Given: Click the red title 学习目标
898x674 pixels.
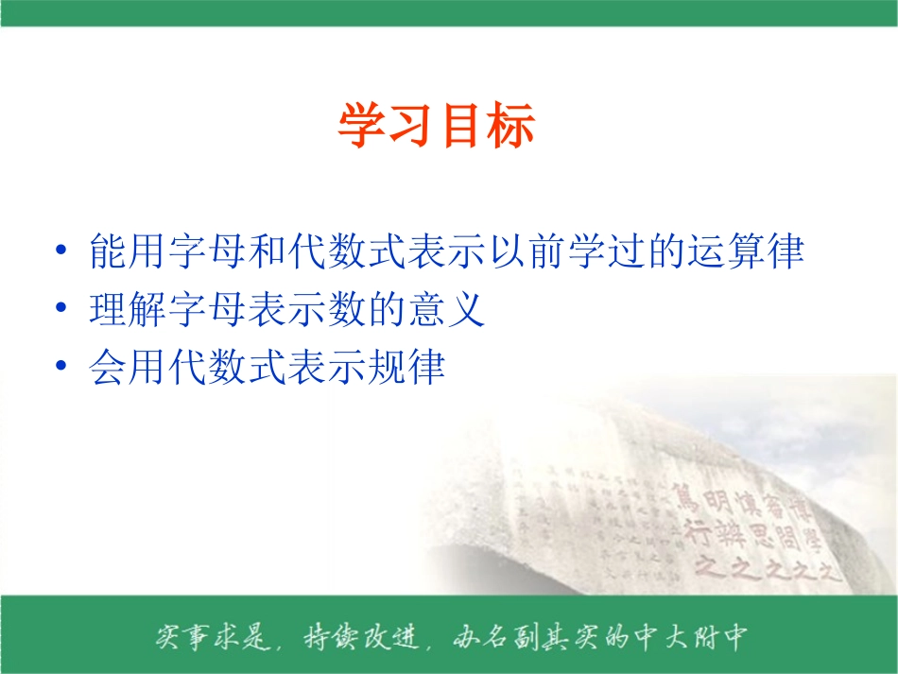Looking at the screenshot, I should coord(437,128).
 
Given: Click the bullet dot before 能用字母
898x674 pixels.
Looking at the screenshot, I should coord(61,252).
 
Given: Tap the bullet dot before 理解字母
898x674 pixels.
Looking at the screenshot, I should coord(61,310).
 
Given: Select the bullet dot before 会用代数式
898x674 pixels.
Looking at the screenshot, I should coord(61,367).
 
